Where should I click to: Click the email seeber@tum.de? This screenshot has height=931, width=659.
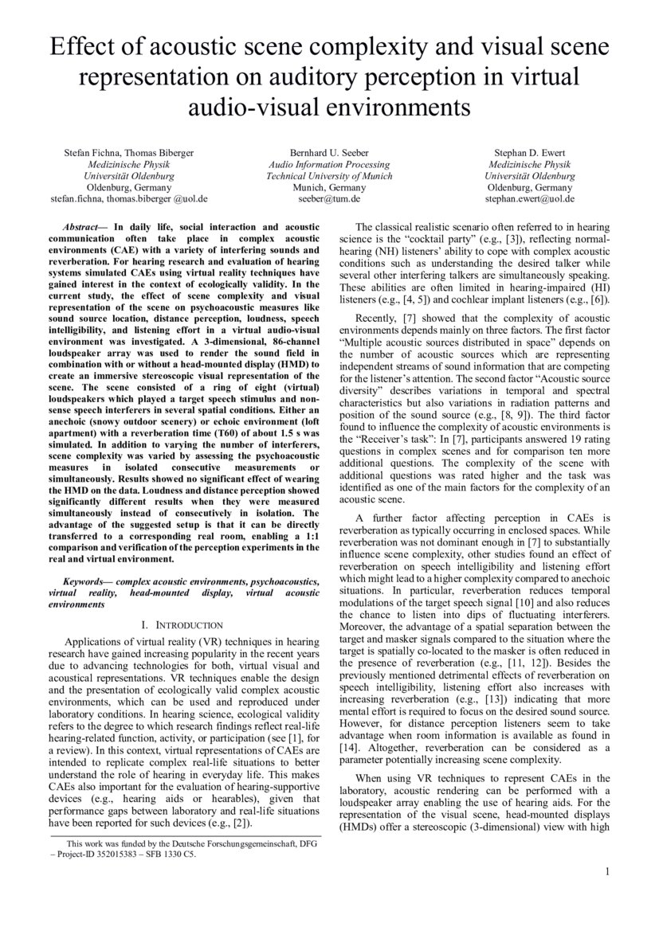(329, 198)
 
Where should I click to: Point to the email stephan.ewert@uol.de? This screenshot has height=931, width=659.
(529, 198)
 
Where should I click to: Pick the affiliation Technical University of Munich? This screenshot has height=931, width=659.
(329, 175)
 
